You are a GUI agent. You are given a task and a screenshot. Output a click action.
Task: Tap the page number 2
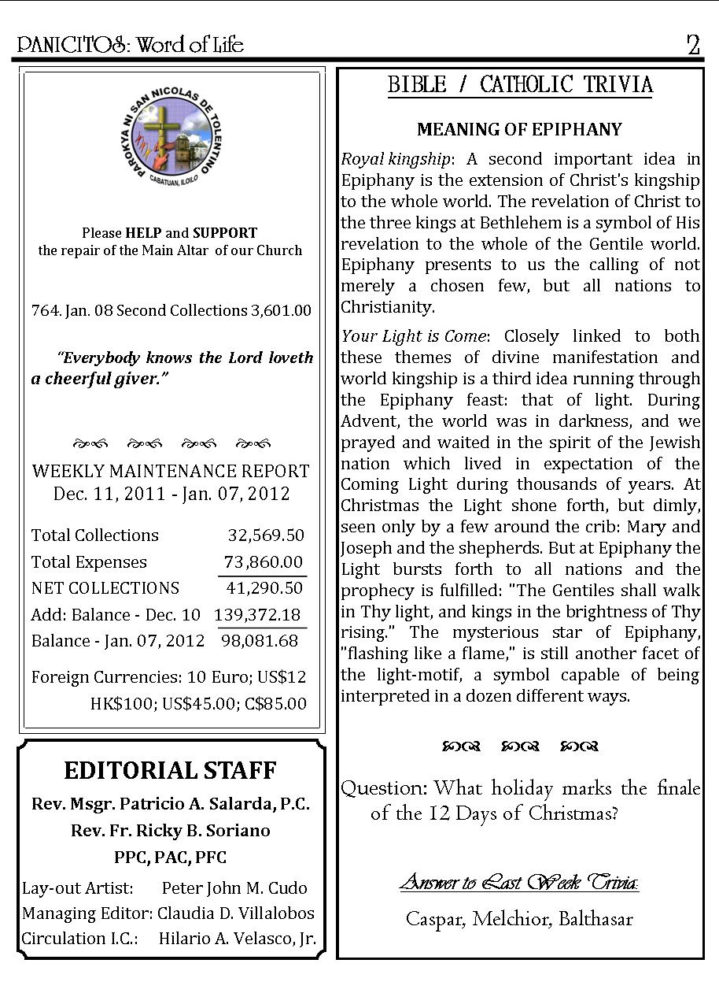[692, 45]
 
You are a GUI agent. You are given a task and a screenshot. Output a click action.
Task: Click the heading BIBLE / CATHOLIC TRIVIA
[520, 85]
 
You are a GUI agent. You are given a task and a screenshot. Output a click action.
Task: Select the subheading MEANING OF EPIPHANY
[519, 129]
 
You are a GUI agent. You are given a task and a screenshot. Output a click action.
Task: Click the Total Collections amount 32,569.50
[266, 535]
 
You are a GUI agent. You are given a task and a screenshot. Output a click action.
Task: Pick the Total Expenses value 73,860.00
[264, 562]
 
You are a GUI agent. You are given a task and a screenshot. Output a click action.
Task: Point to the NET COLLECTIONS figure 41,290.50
[264, 588]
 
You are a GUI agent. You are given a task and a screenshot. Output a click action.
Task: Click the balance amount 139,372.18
[257, 615]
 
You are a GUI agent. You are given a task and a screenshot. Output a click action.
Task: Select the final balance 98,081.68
[260, 641]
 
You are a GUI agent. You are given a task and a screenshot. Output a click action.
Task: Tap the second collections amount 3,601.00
[281, 311]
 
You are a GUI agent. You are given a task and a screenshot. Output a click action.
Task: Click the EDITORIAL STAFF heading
[170, 770]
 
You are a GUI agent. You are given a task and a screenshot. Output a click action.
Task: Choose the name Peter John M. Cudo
[234, 888]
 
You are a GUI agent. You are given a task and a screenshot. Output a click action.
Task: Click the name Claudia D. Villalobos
[236, 913]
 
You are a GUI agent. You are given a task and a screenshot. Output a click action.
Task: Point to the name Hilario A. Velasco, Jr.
[238, 939]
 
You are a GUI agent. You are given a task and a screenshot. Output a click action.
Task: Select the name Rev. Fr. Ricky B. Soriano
[170, 831]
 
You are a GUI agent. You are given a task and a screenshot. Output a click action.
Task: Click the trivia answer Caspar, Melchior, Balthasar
[519, 919]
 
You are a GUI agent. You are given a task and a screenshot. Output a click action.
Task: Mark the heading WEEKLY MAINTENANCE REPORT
[171, 472]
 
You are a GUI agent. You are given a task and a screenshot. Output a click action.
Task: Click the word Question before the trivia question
[384, 788]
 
